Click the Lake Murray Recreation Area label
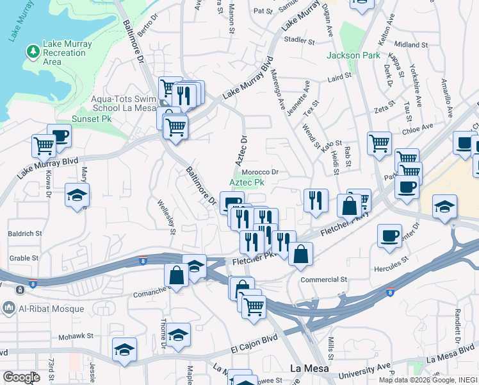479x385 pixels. (x=67, y=53)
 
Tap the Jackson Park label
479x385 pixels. (x=353, y=55)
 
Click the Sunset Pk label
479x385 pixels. (x=88, y=119)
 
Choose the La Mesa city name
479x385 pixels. (x=309, y=369)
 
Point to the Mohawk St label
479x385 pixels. (x=77, y=336)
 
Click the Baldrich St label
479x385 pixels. (x=25, y=234)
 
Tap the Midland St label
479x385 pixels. (x=410, y=45)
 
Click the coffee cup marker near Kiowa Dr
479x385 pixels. (x=59, y=136)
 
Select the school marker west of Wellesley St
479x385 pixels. (x=77, y=195)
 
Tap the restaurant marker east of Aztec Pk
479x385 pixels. (x=316, y=201)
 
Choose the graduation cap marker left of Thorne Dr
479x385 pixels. (x=124, y=350)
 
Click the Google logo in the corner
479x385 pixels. (x=21, y=378)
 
